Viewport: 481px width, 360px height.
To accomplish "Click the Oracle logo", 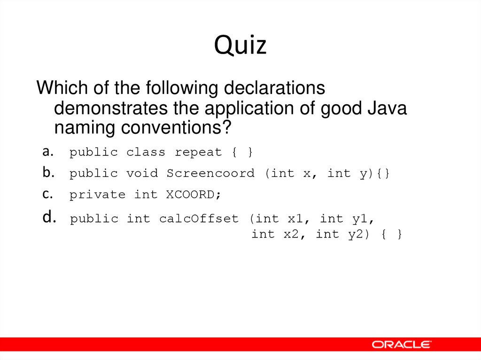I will pos(402,345).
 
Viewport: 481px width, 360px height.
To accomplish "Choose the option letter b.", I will pos(47,173).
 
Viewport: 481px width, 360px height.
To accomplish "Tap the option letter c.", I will pos(47,194).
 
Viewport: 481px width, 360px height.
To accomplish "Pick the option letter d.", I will pos(48,218).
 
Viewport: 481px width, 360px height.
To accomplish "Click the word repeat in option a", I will pos(198,153).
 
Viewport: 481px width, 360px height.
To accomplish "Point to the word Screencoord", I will pos(210,174).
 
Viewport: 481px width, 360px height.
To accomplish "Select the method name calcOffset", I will pos(199,219).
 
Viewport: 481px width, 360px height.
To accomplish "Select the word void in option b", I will pos(142,174).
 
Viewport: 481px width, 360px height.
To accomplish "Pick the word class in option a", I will pos(146,153).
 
